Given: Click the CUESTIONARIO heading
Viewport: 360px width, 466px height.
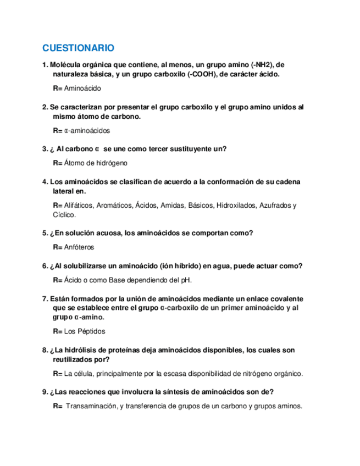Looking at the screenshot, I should click(78, 48).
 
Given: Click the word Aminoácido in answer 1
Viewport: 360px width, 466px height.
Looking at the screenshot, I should click(82, 88).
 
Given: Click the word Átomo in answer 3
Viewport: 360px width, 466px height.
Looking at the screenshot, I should click(74, 163).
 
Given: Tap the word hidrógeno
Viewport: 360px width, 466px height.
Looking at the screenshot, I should click(112, 163).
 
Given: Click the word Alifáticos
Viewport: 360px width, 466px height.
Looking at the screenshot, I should click(79, 206).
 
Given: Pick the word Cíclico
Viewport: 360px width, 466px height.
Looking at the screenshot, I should click(64, 214).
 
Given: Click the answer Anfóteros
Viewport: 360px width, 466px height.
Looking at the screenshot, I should click(79, 247).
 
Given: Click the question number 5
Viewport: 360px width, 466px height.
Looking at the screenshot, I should click(45, 233).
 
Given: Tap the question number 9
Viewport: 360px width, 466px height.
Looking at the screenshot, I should click(45, 392).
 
